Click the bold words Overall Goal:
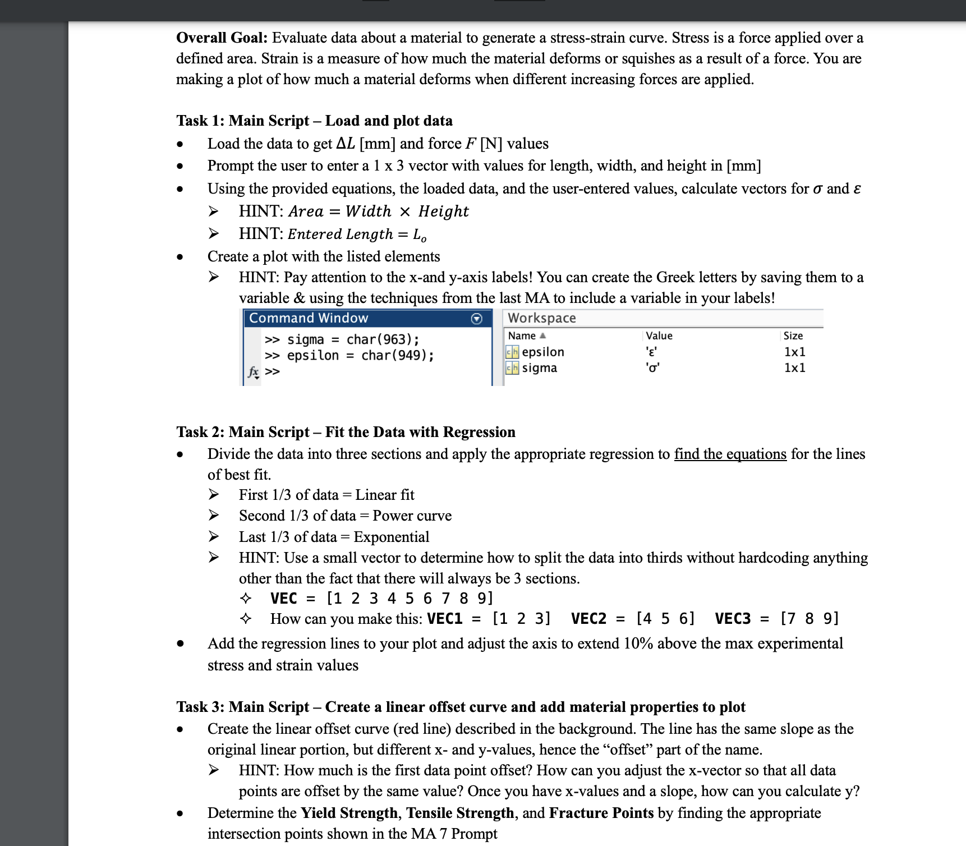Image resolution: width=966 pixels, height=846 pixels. pos(222,38)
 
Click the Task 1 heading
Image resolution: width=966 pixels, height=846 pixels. pos(314,121)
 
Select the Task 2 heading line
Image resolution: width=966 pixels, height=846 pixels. pos(346,431)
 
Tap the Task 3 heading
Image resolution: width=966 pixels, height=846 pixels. pos(461,706)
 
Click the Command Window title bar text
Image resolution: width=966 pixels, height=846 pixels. pos(309,318)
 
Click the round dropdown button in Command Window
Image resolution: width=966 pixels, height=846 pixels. pos(476,319)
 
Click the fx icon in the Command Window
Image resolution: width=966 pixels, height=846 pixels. pos(254,371)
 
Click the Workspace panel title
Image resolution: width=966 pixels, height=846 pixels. pos(541,318)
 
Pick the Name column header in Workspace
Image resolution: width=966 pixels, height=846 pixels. pos(522,335)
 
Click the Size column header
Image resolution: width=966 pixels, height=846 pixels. pos(793,335)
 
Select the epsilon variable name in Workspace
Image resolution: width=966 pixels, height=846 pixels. pos(542,352)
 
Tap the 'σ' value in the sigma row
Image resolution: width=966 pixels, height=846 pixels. pos(652,368)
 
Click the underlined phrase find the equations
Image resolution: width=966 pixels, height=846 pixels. pos(730,454)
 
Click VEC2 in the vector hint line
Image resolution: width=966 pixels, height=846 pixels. pos(588,618)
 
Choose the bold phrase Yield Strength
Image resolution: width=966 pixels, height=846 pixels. pos(349,813)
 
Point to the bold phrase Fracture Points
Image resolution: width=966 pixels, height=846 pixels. pos(601,813)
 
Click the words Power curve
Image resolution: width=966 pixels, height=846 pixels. pos(412,516)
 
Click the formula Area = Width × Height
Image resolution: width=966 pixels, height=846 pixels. pos(378,211)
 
